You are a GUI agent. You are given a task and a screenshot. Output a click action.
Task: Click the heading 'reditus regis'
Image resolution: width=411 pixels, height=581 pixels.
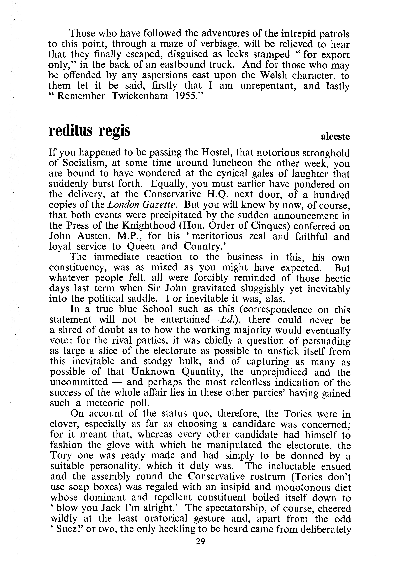89,131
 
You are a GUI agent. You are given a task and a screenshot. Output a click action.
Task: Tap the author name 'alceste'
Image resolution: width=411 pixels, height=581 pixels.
335,137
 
